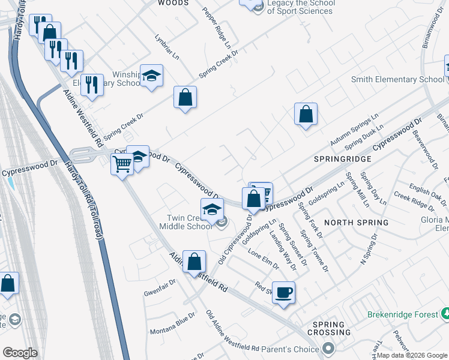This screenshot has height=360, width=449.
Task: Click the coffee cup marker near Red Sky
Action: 283,292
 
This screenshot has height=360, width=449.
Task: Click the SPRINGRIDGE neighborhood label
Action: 342,159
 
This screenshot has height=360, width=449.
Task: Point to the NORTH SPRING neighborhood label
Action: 356,222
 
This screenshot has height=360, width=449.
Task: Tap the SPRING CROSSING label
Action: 328,328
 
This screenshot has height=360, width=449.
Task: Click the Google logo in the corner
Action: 20,353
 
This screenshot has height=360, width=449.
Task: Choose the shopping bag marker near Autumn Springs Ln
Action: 306,114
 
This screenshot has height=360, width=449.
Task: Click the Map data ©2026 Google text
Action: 412,355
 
